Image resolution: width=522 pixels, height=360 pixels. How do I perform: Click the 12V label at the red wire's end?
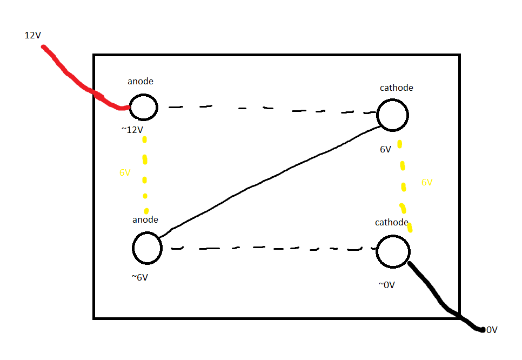click(x=33, y=35)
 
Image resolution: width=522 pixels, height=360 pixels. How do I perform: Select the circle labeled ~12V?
click(x=143, y=106)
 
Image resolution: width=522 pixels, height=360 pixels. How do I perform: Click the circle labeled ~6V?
click(x=147, y=248)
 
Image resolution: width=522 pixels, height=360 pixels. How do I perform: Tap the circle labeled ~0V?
click(x=393, y=251)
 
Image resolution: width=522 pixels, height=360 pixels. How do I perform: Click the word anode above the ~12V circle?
click(x=140, y=82)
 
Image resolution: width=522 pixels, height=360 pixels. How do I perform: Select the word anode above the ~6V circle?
click(x=145, y=219)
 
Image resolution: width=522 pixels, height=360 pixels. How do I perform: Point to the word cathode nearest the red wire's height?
click(x=397, y=88)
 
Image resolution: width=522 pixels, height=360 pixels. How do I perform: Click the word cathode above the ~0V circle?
click(x=392, y=223)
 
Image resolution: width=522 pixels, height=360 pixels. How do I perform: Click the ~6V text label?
click(x=139, y=277)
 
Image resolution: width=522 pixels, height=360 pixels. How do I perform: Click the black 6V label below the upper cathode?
click(x=385, y=149)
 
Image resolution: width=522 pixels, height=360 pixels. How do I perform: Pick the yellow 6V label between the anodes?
click(x=125, y=173)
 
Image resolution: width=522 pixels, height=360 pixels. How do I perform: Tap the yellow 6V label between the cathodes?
click(x=427, y=183)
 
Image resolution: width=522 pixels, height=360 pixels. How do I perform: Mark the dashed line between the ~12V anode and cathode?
click(x=270, y=109)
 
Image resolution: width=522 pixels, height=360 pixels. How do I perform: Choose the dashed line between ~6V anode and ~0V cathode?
click(x=270, y=249)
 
